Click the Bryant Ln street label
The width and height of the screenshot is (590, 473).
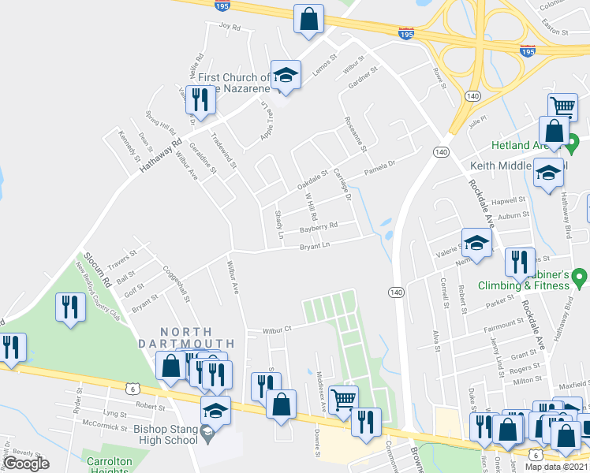[x=313, y=247]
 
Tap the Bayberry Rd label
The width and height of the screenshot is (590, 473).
[x=319, y=226]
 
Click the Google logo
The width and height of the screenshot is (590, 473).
[x=27, y=463]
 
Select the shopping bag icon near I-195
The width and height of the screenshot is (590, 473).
[x=309, y=19]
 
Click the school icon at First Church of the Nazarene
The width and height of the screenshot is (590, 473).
[x=286, y=75]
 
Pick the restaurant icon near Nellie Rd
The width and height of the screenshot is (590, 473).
[x=200, y=99]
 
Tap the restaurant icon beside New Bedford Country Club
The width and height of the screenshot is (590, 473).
[x=70, y=307]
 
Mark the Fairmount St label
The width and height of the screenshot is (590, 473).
[x=502, y=322]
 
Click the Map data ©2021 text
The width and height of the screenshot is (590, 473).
[x=556, y=467]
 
